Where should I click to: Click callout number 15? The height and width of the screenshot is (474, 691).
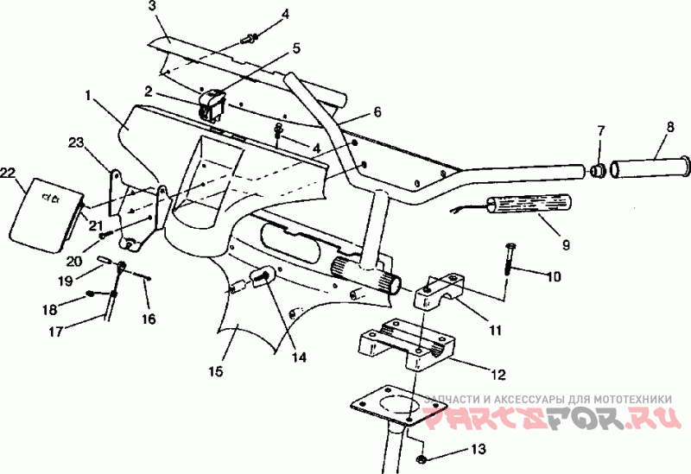coord(215,371)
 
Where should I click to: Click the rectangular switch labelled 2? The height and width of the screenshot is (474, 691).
coord(212,104)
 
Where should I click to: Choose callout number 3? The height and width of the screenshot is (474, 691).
coord(152,6)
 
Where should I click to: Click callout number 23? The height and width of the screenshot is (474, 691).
coord(75,142)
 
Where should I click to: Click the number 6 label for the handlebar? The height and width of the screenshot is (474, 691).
coord(377,111)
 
